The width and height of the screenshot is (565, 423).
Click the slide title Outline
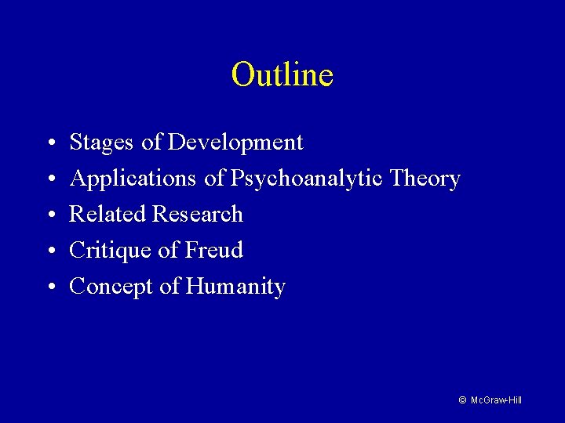coord(282,75)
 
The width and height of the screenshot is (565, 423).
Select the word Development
coord(235,143)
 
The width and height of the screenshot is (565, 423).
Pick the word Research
coord(199,215)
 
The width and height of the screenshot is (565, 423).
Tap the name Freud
coord(213,251)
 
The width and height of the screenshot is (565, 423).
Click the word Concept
coord(111,287)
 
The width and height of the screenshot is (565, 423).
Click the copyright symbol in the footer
coord(463,400)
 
